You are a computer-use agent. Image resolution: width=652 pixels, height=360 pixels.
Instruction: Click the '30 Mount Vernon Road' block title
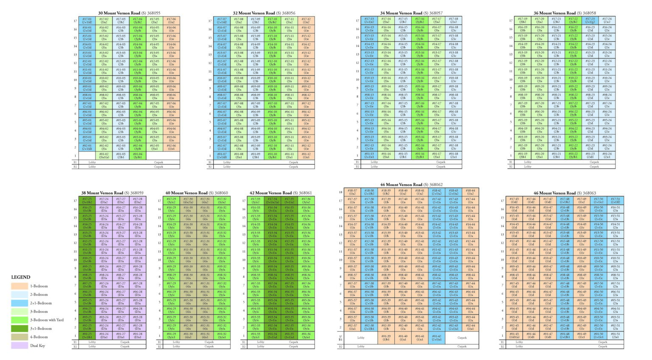[x=119, y=13]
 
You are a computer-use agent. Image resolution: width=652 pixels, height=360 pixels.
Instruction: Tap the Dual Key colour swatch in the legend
[x=20, y=346]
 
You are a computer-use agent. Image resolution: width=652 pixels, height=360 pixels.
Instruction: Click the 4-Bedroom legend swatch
[x=20, y=337]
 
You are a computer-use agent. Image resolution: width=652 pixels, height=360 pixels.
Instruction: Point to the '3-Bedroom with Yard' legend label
[x=47, y=320]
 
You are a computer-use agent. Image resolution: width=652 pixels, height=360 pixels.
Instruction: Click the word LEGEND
[x=21, y=277]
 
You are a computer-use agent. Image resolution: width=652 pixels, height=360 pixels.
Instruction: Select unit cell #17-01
[x=87, y=21]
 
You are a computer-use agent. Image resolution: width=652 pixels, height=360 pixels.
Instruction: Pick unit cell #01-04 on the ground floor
[x=138, y=156]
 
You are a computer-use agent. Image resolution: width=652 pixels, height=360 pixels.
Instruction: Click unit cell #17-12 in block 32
[x=306, y=21]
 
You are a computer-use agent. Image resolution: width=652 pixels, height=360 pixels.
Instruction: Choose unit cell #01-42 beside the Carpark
[x=436, y=338]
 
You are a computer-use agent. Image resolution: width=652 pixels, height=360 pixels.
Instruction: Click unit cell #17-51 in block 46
[x=615, y=200]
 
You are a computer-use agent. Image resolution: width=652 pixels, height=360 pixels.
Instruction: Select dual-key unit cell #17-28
[x=138, y=200]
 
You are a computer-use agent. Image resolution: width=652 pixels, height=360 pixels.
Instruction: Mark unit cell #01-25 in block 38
[x=87, y=336]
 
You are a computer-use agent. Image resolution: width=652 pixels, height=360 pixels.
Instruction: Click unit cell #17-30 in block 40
[x=188, y=200]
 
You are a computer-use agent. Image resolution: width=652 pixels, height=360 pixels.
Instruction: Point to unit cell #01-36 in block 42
[x=306, y=336]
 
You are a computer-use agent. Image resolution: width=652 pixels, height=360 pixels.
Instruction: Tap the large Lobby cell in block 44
[x=360, y=338]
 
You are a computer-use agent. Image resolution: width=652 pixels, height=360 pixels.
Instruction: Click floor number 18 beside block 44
[x=340, y=192]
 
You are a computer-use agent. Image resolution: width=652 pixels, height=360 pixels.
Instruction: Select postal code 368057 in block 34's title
[x=436, y=13]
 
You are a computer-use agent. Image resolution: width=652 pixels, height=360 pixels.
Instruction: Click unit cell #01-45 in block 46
[x=514, y=336]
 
